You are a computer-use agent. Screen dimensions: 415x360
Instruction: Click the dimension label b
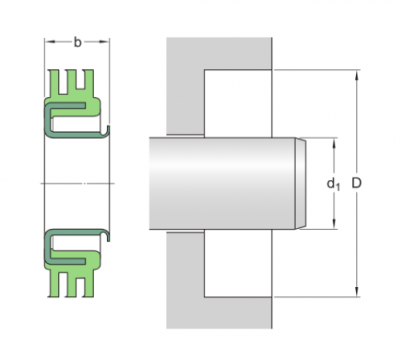(77, 42)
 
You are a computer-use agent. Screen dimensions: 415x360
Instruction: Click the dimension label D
(356, 183)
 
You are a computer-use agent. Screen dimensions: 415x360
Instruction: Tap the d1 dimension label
(333, 184)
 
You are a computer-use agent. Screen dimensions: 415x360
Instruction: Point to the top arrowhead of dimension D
(357, 76)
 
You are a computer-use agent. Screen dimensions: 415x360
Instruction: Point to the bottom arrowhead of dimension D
(357, 292)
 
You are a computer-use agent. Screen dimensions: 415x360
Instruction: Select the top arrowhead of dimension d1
(334, 143)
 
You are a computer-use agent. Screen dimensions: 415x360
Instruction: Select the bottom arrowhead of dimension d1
(334, 223)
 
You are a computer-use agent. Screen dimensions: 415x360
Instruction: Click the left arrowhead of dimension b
(50, 42)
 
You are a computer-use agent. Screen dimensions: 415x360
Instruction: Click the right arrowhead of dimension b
(104, 42)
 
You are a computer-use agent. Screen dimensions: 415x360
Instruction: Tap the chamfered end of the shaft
(301, 184)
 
